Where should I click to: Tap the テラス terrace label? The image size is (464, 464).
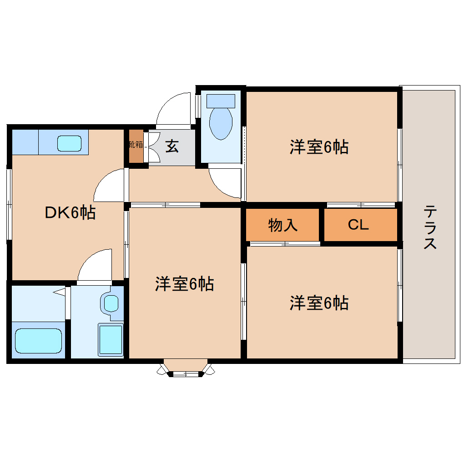[x=430, y=227]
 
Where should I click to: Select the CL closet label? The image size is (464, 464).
[x=358, y=225]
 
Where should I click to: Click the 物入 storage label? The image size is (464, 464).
[x=283, y=225]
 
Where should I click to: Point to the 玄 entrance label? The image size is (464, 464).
[x=171, y=146]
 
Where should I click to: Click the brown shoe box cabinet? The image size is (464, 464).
[x=136, y=146]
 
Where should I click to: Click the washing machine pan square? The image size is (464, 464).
[x=111, y=339]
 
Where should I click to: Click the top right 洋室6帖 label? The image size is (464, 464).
[x=319, y=147]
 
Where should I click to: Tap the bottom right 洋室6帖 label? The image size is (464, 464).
[x=319, y=303]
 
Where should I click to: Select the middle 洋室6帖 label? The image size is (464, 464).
[x=184, y=284]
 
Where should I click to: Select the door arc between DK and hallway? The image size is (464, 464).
[x=108, y=187]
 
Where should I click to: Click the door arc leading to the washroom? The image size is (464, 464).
[x=95, y=266]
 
